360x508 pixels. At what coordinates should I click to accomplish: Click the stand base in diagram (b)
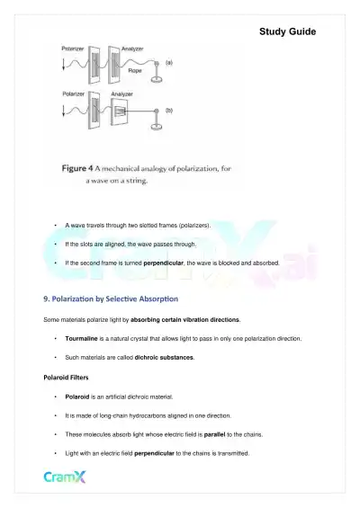click(158, 128)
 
